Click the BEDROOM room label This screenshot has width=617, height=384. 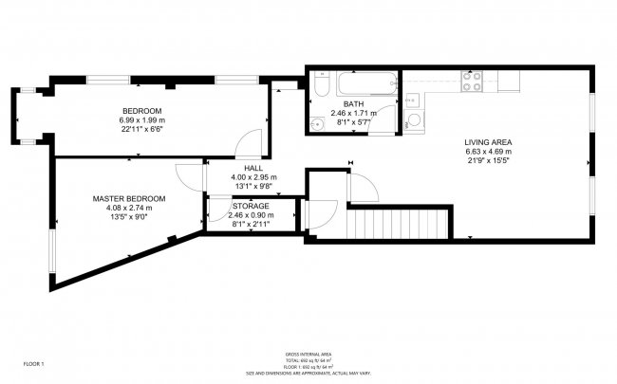point(141,111)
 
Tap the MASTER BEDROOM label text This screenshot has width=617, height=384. point(129,198)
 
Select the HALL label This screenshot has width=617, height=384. point(253,168)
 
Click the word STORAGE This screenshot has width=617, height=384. point(251,206)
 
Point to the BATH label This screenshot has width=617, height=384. point(353,104)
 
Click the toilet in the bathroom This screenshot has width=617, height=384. point(319,87)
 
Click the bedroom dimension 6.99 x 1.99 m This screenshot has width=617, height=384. point(141,120)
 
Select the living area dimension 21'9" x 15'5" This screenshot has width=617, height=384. point(488,161)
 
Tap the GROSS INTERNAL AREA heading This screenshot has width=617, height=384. point(308,353)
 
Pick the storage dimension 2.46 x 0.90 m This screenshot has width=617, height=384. point(251,215)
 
